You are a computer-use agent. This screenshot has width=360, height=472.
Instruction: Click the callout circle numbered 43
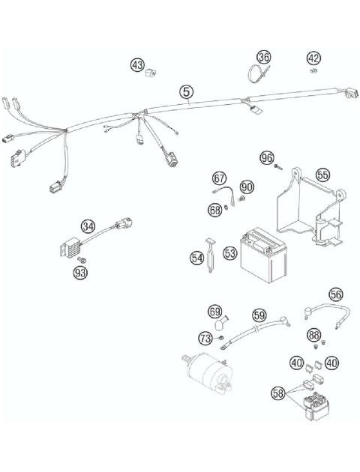coord(137,65)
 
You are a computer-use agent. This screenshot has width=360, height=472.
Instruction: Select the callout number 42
coord(313,58)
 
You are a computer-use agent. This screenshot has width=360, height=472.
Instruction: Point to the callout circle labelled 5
coord(187,91)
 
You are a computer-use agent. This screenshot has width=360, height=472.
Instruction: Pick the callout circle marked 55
coord(322,175)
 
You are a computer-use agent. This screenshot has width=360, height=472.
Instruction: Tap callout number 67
coord(219,178)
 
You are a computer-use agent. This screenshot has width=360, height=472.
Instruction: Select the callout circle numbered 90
coord(247,186)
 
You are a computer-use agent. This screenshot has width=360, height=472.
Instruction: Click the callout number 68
coord(214,211)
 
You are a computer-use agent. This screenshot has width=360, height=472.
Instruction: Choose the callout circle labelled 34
coord(88,226)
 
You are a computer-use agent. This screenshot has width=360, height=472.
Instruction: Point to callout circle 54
coord(196,258)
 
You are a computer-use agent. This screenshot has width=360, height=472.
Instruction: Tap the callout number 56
coord(335,294)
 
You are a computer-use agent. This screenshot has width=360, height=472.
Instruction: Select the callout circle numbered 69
coord(214,311)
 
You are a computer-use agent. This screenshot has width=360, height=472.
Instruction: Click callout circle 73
coord(205,339)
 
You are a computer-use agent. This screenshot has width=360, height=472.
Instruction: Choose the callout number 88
coord(314,335)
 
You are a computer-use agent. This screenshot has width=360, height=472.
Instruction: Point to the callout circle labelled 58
coord(278,391)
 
